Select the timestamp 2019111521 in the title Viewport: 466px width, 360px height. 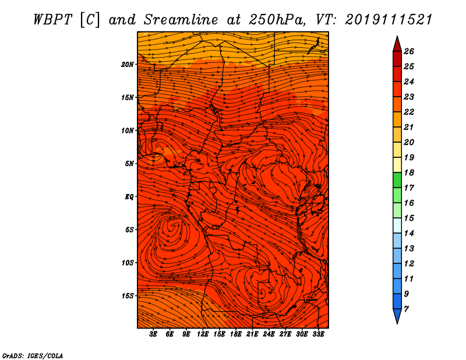click(x=389, y=19)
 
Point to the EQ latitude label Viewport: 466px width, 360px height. click(x=129, y=197)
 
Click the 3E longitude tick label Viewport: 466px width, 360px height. click(x=154, y=334)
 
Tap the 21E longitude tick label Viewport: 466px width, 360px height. click(x=252, y=334)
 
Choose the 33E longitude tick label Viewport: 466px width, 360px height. click(x=318, y=334)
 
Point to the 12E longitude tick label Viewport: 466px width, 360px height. click(x=203, y=334)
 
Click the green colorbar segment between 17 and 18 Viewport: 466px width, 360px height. click(x=397, y=180)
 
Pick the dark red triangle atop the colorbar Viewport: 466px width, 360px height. click(x=397, y=44)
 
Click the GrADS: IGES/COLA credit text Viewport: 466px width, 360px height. click(x=32, y=355)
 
